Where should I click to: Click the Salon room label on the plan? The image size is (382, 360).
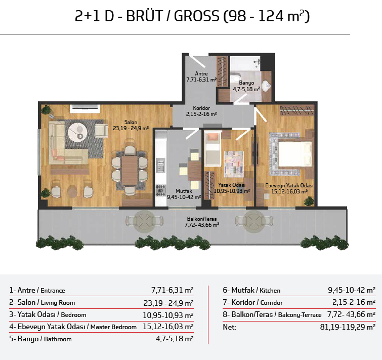click(x=131, y=122)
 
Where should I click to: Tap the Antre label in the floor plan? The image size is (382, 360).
click(x=201, y=73)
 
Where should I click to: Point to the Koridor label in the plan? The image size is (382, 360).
click(x=201, y=108)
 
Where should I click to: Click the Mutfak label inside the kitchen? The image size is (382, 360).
click(x=184, y=191)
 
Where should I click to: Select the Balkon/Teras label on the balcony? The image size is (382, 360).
click(x=202, y=219)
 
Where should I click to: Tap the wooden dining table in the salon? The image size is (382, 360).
click(x=130, y=171)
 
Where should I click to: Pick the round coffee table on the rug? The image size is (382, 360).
click(x=77, y=132)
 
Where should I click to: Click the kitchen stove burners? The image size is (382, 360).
click(x=160, y=190)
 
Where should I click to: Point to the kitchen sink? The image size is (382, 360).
click(x=160, y=165)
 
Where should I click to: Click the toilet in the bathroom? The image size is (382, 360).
click(x=236, y=78)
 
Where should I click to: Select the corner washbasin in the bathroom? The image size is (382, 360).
click(x=266, y=86)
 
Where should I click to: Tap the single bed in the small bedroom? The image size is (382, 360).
click(x=212, y=149)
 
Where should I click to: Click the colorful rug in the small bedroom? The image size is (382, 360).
click(x=234, y=164)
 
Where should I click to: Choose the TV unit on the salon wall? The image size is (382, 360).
click(x=85, y=108)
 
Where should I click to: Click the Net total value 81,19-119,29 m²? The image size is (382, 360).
click(x=348, y=327)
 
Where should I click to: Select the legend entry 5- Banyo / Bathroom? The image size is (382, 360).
click(x=40, y=339)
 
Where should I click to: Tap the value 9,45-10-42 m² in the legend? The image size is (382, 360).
click(x=352, y=290)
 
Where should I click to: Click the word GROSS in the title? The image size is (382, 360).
click(x=196, y=16)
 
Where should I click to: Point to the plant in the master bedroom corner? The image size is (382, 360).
click(x=309, y=202)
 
